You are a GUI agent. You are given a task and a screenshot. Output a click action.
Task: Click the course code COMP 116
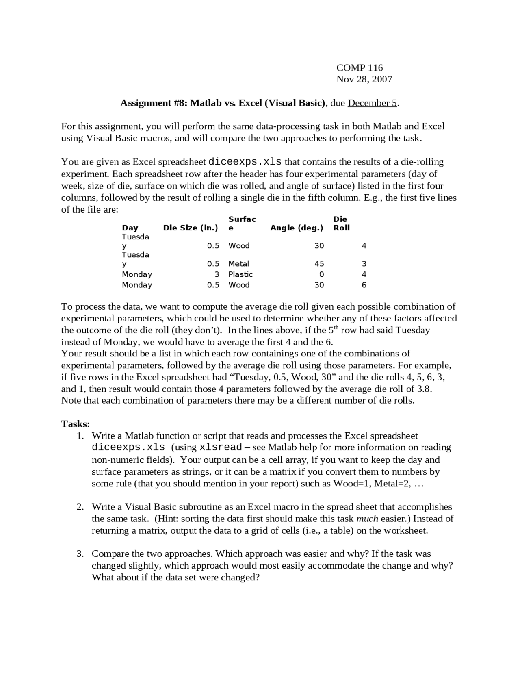click(359, 67)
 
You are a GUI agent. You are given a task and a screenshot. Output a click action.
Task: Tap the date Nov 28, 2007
click(364, 79)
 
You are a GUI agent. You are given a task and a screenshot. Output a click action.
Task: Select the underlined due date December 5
click(372, 103)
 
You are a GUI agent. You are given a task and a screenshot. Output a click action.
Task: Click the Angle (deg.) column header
click(297, 228)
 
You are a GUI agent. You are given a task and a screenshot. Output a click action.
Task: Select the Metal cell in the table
click(239, 264)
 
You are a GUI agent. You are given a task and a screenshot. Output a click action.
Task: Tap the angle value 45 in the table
click(319, 264)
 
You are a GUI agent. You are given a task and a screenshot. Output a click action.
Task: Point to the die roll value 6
click(364, 285)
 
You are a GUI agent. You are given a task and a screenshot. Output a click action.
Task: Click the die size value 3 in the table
click(217, 274)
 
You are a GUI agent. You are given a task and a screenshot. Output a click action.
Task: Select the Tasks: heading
click(76, 424)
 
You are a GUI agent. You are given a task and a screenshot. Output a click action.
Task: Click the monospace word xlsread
click(221, 448)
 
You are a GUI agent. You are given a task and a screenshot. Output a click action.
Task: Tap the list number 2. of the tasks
click(80, 507)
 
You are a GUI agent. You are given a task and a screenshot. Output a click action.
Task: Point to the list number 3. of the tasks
click(80, 554)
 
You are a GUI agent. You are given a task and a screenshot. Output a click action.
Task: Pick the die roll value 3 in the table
click(364, 264)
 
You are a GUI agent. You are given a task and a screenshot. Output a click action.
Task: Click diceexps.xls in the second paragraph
click(245, 162)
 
